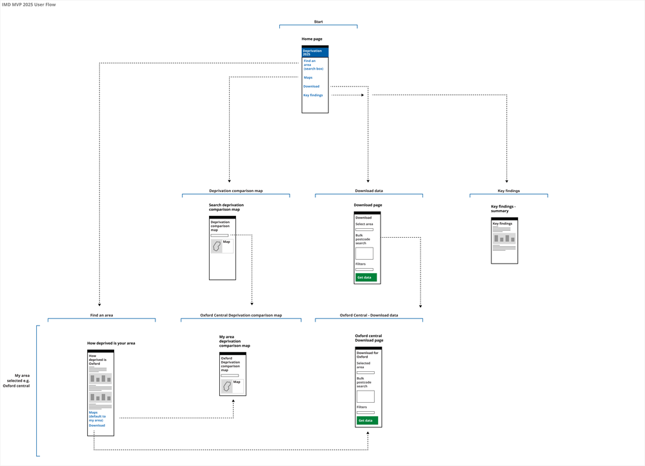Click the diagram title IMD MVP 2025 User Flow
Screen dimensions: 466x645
click(28, 5)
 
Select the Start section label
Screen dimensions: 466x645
click(318, 22)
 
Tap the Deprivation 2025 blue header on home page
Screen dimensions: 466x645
click(315, 52)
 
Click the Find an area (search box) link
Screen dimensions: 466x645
click(313, 64)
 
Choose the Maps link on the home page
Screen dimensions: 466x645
click(308, 77)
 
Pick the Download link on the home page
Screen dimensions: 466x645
click(311, 86)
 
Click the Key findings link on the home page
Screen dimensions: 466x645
click(313, 95)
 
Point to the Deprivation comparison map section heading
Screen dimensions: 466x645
click(235, 191)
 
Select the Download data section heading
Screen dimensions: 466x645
click(368, 191)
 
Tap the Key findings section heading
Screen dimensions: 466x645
click(508, 191)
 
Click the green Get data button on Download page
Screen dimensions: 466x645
click(366, 277)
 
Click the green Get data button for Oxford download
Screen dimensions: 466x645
click(367, 420)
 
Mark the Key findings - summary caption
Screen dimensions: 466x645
click(503, 209)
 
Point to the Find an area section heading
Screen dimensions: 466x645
click(101, 315)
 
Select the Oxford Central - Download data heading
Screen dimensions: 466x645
click(368, 315)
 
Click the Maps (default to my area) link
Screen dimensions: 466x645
click(97, 416)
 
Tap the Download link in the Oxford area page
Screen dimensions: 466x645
click(97, 425)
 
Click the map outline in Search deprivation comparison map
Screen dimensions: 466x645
click(217, 246)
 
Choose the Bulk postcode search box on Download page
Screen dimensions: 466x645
click(364, 253)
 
